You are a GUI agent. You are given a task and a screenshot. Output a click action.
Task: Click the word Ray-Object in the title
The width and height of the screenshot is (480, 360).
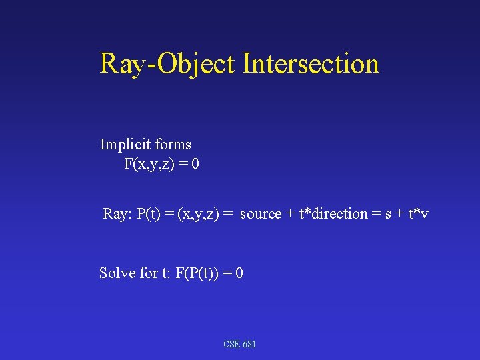point(167,64)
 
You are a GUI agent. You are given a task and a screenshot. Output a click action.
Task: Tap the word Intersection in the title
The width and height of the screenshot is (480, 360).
point(311,64)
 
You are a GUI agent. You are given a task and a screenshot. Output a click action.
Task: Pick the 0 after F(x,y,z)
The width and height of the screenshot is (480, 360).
point(194,164)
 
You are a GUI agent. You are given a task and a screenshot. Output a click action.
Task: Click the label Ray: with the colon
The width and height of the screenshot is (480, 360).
point(117,214)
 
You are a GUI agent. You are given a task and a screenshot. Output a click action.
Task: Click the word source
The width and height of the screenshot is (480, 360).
point(260,214)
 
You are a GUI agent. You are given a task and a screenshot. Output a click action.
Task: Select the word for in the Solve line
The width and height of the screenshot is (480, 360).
point(149,273)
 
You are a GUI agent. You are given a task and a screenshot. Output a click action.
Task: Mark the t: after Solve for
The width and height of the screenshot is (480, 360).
point(167,273)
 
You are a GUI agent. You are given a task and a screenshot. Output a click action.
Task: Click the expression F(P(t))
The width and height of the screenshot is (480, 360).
point(199,273)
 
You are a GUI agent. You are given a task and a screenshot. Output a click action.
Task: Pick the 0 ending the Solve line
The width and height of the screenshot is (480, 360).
point(239,273)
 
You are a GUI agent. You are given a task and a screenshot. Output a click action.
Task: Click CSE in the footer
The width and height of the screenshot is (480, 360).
point(232,344)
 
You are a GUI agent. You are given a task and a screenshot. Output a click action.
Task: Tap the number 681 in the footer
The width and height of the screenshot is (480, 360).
point(249,344)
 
